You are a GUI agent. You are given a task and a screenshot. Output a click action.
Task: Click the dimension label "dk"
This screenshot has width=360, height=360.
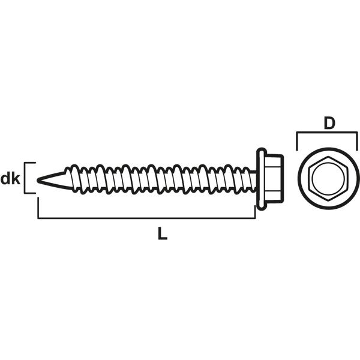point(10,179)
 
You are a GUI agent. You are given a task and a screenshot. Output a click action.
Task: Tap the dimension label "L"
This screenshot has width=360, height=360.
point(163,233)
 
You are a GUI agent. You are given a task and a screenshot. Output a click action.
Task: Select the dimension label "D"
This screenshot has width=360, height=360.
point(329,123)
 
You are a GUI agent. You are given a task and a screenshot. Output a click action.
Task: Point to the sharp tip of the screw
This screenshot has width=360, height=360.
point(38,180)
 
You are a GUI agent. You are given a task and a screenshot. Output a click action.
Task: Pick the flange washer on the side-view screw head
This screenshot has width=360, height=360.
point(261,179)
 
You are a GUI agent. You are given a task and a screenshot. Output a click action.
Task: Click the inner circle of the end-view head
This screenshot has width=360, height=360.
point(329,179)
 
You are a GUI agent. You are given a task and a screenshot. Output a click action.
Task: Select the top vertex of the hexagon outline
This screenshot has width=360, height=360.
point(329,157)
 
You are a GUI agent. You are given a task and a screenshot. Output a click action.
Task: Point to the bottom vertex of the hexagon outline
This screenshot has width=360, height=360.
point(329,201)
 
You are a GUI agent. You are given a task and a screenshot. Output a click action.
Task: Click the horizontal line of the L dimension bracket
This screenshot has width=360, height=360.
point(146,218)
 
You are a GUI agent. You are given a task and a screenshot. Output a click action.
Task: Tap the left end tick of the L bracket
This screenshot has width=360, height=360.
point(38,208)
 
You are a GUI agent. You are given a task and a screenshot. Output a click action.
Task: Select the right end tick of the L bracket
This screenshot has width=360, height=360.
point(255,212)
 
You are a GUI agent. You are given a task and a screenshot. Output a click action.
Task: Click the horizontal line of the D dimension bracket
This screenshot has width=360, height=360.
point(327,132)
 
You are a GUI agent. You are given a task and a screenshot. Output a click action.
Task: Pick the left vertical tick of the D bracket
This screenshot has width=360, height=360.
point(297,141)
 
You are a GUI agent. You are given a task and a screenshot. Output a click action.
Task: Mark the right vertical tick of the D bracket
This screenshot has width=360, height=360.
point(357,141)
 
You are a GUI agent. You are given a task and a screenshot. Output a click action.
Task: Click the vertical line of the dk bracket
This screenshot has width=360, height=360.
point(25,178)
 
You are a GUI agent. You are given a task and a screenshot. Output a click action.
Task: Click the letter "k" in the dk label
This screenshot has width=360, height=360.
point(16,179)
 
